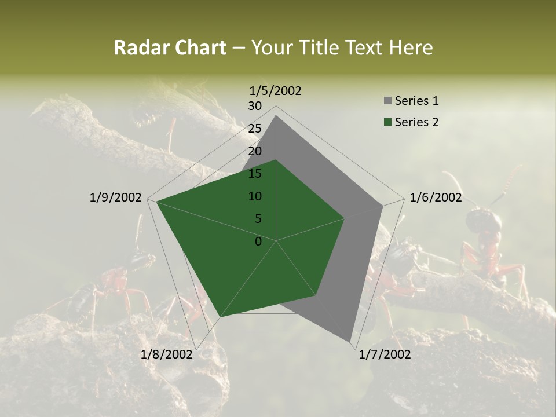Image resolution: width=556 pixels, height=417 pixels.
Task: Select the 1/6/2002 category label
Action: click(436, 197)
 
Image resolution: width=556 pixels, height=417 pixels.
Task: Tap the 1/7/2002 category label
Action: click(385, 354)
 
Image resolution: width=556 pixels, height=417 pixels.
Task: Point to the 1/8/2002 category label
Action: click(167, 354)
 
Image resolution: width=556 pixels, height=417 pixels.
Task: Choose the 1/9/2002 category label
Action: click(116, 197)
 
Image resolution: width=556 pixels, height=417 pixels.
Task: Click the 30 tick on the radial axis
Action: click(255, 106)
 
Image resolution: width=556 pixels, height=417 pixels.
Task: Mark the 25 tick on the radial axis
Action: click(255, 129)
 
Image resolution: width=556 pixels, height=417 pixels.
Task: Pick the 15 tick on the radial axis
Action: click(255, 174)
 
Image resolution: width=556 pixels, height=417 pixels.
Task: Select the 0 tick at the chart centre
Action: click(258, 242)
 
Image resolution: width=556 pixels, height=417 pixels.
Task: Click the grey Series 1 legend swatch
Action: click(387, 101)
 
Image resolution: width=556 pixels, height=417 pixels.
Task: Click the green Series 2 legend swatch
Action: click(387, 122)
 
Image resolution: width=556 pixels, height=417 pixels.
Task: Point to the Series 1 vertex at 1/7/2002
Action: click(350, 341)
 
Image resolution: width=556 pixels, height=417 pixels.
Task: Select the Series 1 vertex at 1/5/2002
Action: click(276, 115)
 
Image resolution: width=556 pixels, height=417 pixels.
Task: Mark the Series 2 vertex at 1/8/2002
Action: click(220, 317)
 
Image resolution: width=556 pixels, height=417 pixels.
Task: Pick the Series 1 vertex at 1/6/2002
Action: click(383, 206)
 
